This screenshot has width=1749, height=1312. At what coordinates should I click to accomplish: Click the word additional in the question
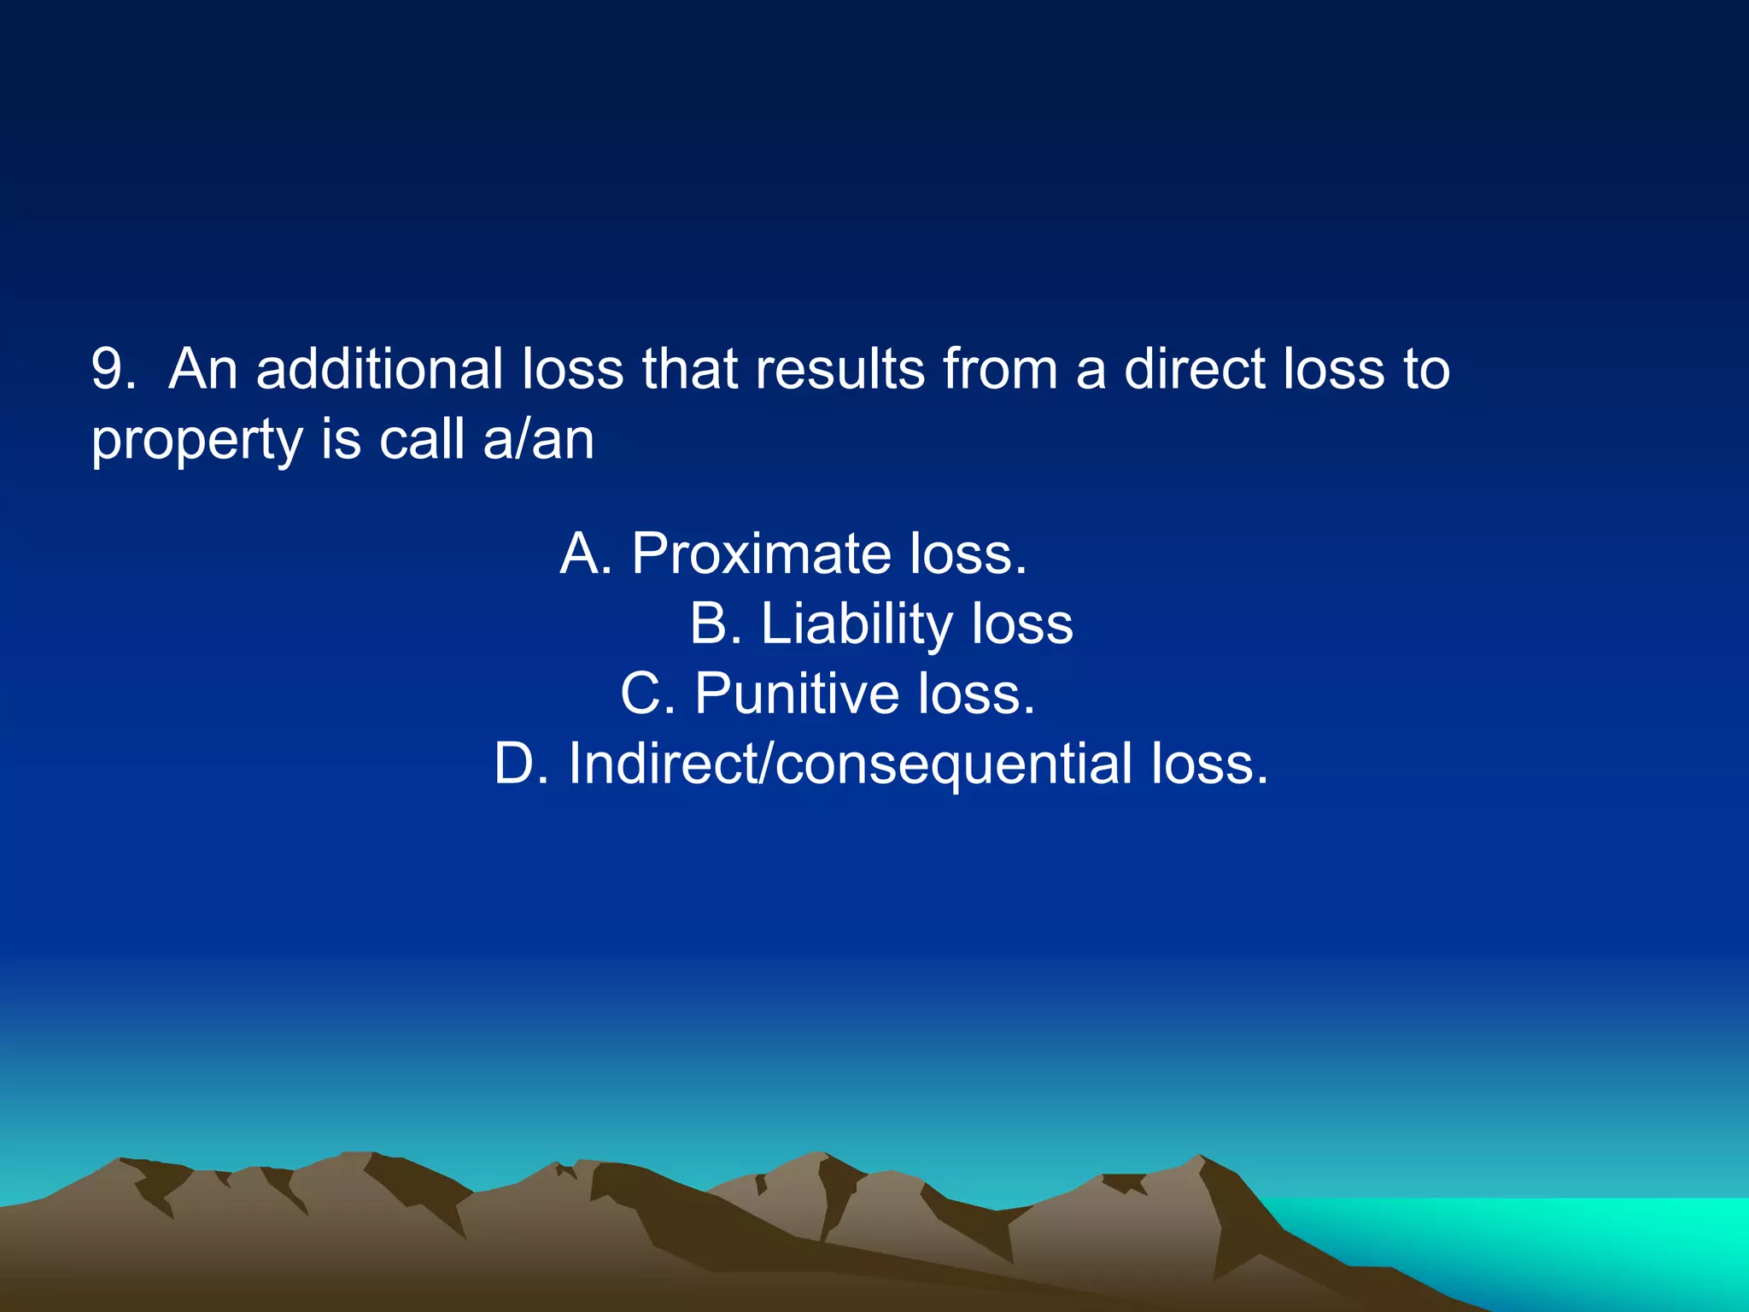378,370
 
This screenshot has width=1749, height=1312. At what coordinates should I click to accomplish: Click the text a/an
538,440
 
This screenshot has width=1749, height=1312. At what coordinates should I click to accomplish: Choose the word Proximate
761,553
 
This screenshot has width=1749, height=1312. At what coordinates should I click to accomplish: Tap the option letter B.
711,624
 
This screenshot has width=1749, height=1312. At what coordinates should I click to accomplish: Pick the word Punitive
796,693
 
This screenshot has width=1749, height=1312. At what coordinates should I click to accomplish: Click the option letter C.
643,693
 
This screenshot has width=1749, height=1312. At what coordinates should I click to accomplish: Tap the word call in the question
421,440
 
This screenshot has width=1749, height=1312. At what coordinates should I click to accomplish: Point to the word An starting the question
202,370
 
